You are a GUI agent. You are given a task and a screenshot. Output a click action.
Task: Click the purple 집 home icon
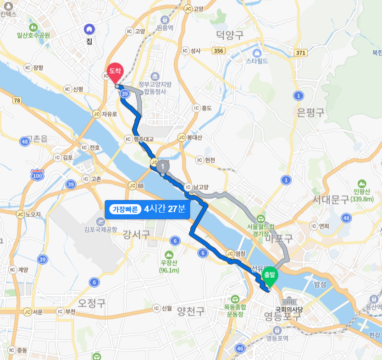click(89, 30)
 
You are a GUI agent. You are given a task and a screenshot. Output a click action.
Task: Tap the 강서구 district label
click(136, 235)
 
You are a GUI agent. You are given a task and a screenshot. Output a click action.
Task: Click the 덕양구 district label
click(230, 35)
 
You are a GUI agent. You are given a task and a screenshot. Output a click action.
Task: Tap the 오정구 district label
click(92, 303)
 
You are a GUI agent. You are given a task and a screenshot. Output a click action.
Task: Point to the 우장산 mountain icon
click(169, 255)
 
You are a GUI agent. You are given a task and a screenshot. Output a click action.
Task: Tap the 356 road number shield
click(219, 50)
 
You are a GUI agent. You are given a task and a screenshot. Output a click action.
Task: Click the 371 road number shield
click(300, 53)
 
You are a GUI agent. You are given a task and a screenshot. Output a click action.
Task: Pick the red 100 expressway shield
click(37, 175)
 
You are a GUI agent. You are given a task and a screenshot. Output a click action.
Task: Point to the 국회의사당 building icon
click(289, 301)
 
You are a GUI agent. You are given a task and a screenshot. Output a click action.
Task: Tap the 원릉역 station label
click(164, 28)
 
